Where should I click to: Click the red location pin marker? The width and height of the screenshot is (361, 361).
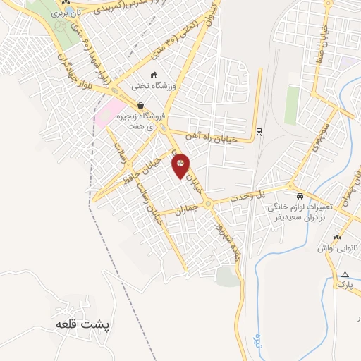click(x=180, y=166)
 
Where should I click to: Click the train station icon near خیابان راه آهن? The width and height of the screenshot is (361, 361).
click(x=259, y=130)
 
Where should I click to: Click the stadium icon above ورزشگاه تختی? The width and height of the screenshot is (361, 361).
click(x=154, y=75)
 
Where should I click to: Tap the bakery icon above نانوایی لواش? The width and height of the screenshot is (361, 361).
click(x=337, y=238)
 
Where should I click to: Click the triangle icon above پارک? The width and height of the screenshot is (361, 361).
click(x=345, y=274)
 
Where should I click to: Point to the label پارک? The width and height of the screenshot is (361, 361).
click(x=343, y=284)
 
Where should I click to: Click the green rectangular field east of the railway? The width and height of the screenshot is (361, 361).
click(x=292, y=106)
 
